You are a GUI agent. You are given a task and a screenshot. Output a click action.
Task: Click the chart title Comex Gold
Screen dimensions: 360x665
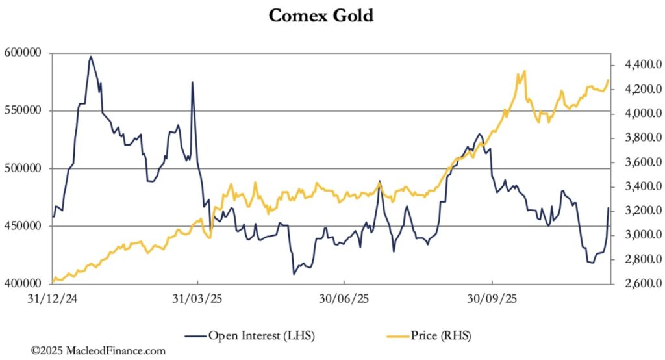321,16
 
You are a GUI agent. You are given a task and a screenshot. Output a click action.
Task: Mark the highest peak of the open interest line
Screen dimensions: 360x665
91,57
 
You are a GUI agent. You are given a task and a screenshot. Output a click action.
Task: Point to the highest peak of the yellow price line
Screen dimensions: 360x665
524,71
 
